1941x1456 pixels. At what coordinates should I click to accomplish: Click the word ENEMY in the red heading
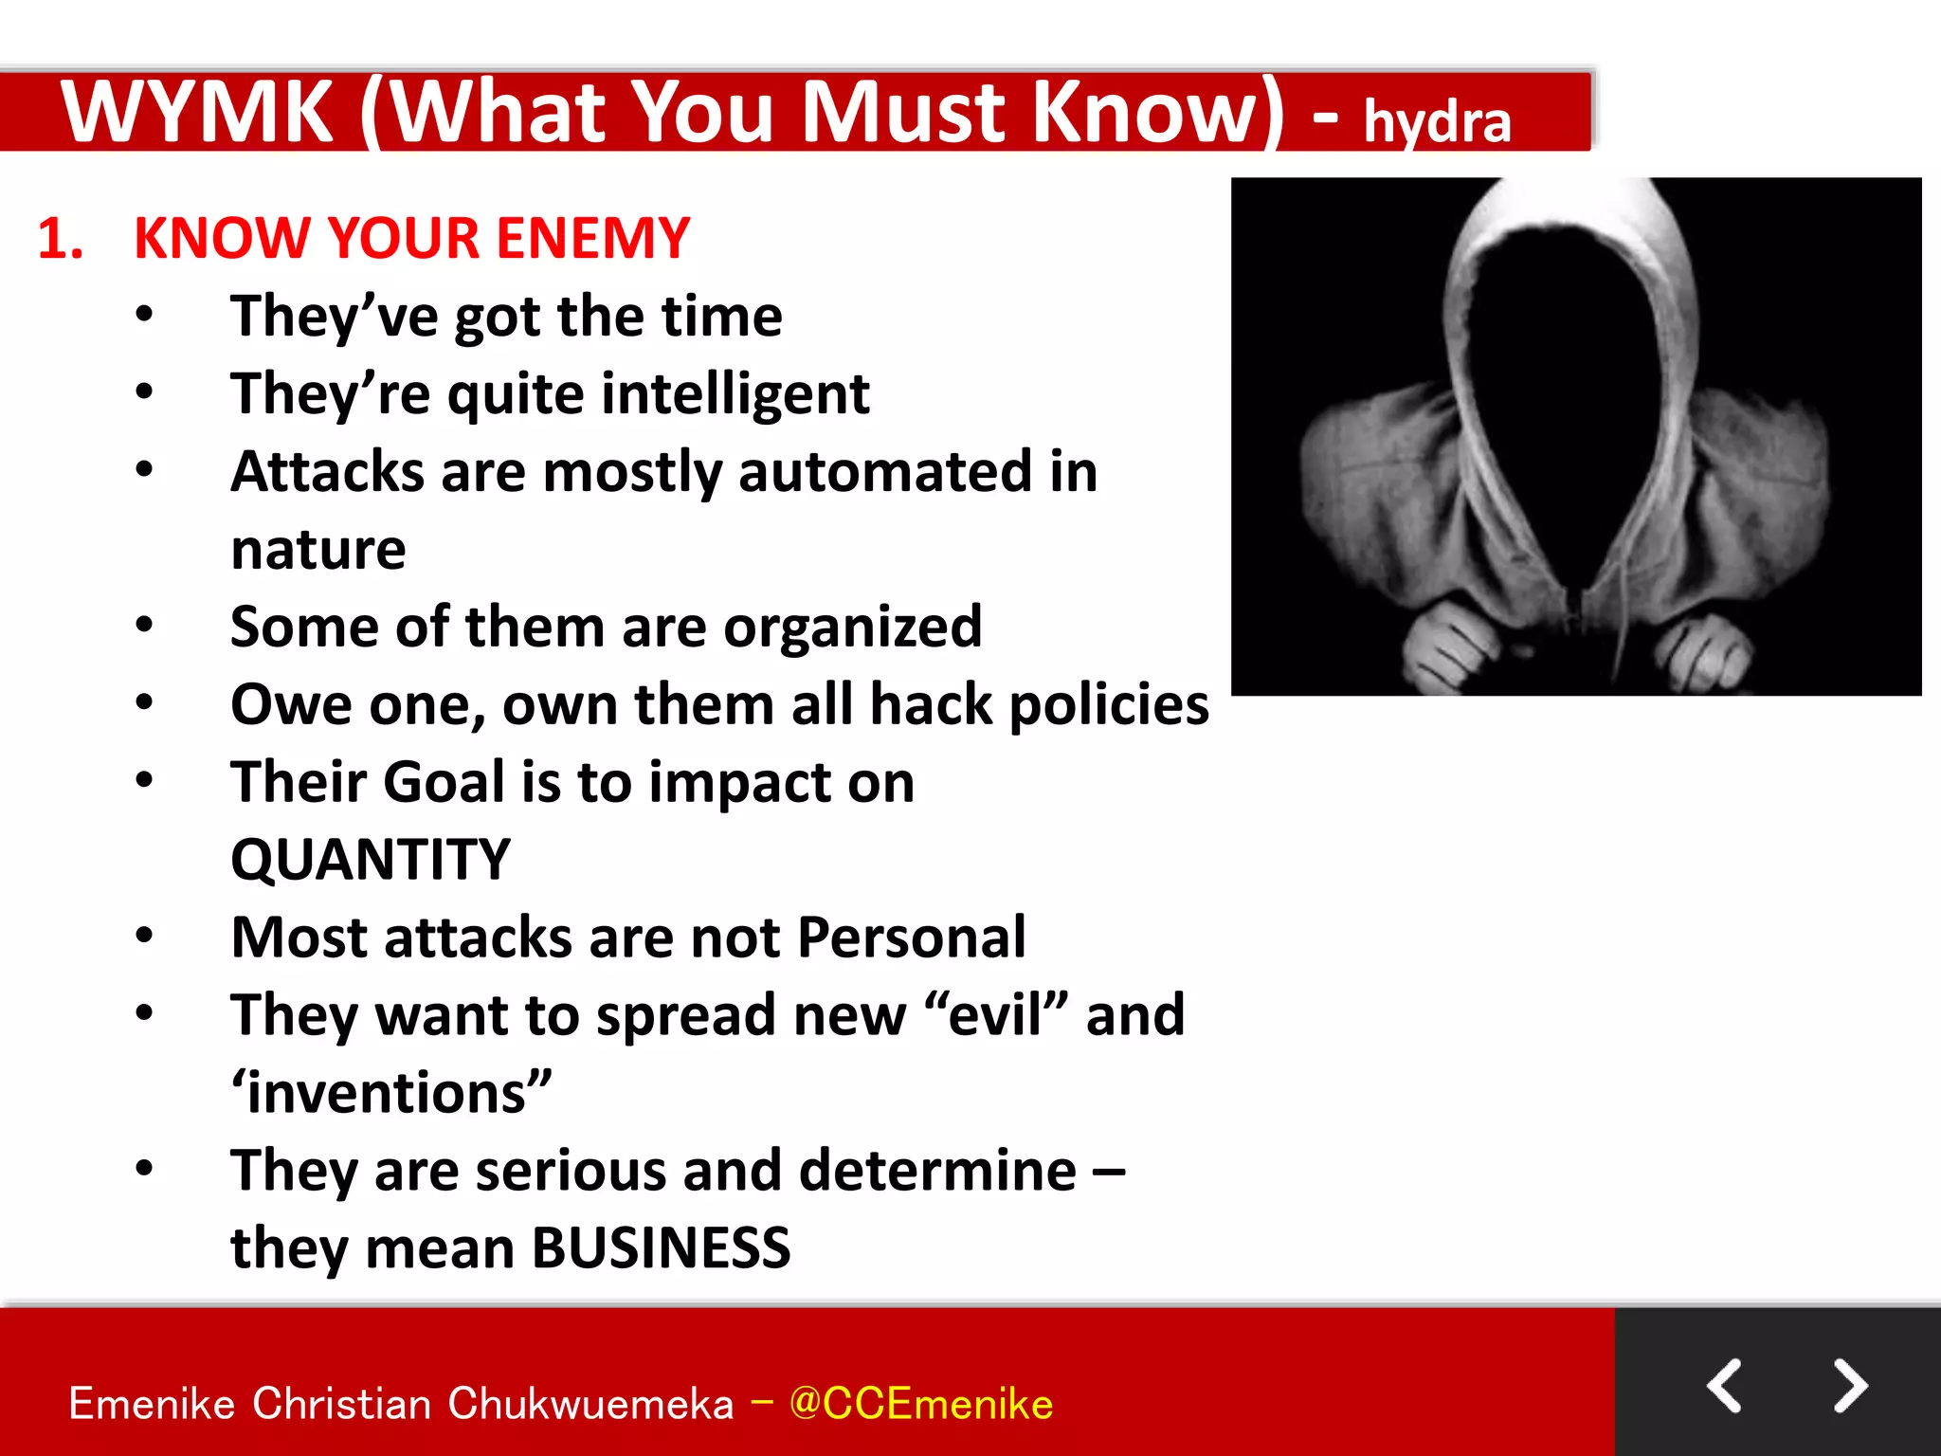[592, 238]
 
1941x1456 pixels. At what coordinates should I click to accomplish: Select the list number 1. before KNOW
[61, 238]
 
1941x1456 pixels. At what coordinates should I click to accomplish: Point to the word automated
[883, 472]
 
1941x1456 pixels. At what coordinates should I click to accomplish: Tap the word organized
[852, 628]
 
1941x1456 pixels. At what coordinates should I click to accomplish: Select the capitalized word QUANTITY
[371, 860]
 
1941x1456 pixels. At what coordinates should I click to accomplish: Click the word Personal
[911, 937]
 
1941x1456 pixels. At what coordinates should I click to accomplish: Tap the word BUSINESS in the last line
[661, 1248]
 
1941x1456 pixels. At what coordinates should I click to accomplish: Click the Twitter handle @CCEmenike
[920, 1404]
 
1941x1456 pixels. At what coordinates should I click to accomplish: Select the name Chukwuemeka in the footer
[590, 1404]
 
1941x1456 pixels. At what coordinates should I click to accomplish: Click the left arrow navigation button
[1725, 1386]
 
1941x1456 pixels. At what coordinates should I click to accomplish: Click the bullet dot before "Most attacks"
[144, 936]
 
